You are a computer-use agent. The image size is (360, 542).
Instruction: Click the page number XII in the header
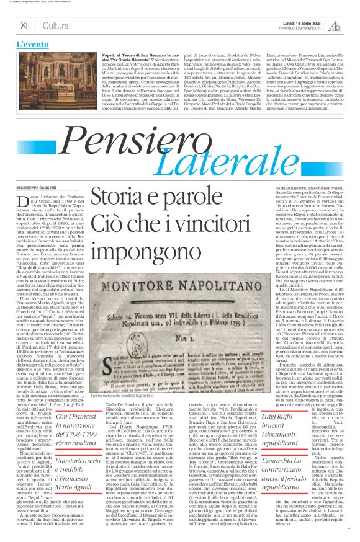25,25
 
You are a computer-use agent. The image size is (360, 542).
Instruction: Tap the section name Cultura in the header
56,25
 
